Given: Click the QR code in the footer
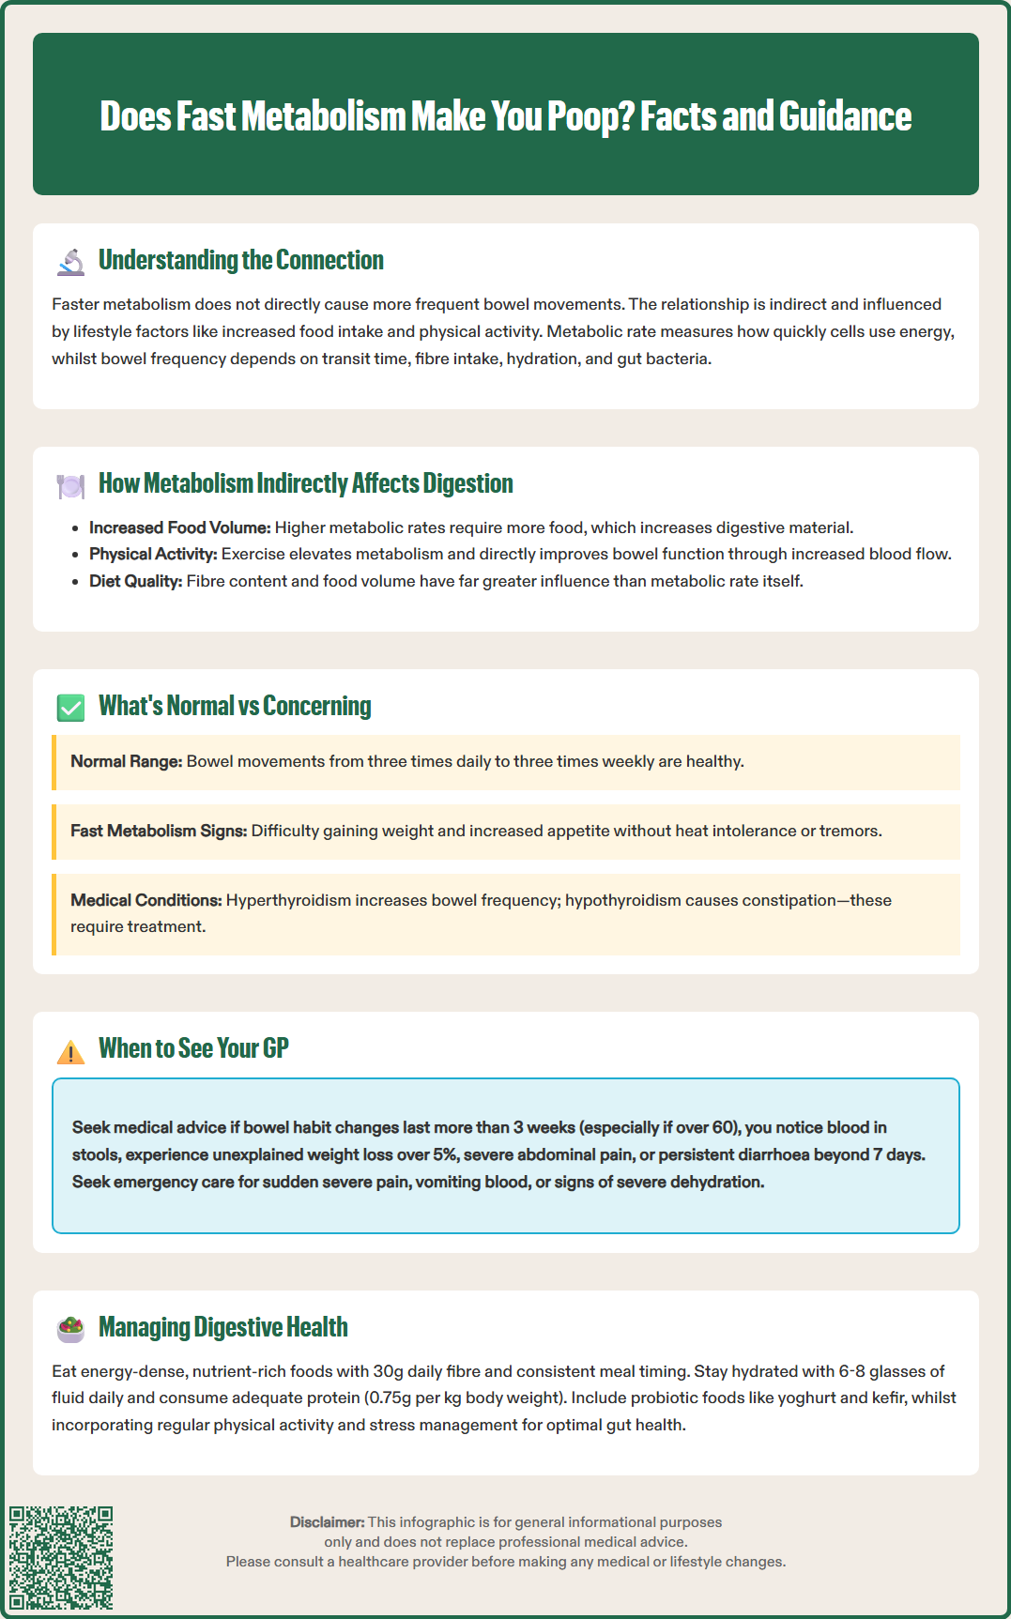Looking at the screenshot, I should click(x=61, y=1558).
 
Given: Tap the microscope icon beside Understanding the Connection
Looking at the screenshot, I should click(x=70, y=262).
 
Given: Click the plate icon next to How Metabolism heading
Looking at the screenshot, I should click(x=70, y=485).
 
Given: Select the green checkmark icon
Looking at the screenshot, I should click(x=70, y=708).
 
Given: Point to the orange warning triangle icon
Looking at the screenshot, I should click(x=70, y=1051).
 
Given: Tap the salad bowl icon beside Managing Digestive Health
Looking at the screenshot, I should click(x=70, y=1328).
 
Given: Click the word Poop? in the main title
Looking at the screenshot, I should click(x=591, y=116).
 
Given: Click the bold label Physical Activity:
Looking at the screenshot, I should click(x=153, y=554).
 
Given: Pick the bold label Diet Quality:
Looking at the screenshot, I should click(x=135, y=581).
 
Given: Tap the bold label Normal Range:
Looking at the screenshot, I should click(x=126, y=761).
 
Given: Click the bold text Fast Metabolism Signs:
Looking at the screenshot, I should click(x=159, y=831).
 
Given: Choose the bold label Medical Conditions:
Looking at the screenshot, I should click(x=146, y=900).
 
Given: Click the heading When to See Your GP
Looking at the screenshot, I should click(x=193, y=1048).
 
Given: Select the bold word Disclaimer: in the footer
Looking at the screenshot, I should click(x=327, y=1521).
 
